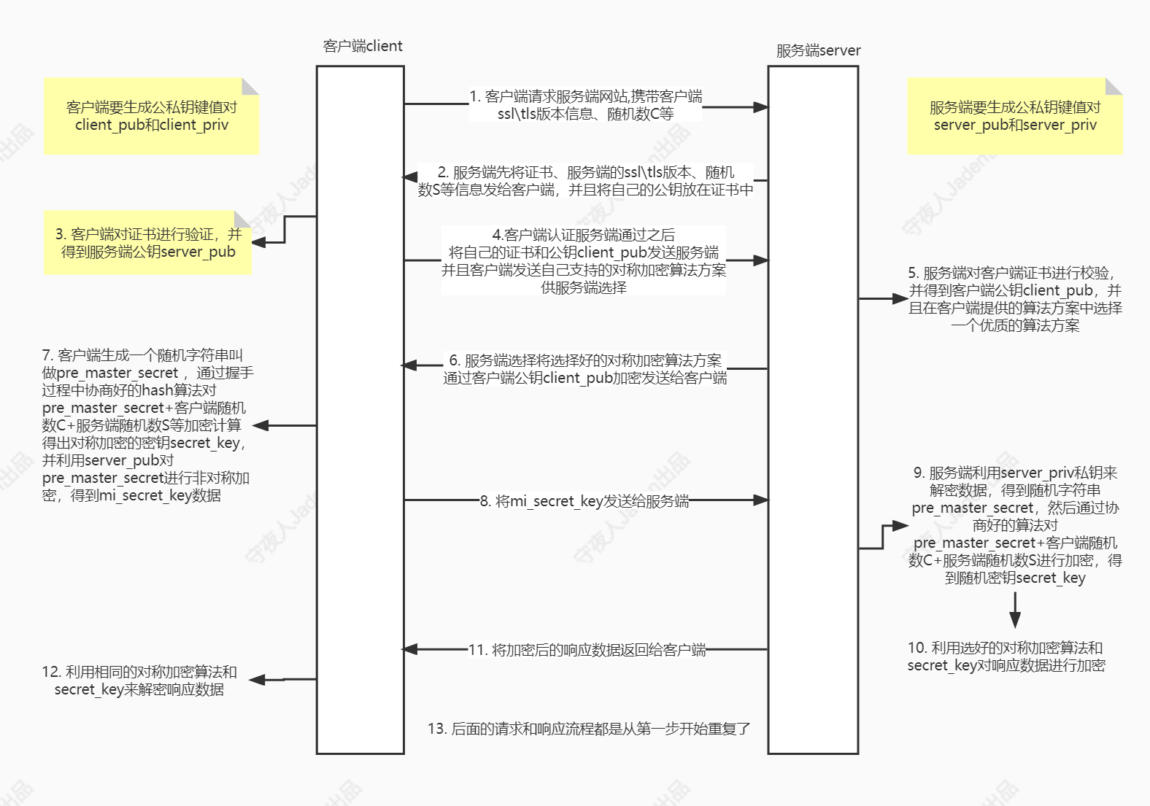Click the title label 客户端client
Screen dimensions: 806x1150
point(363,46)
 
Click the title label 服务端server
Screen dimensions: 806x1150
point(818,50)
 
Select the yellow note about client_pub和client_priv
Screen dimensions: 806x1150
point(151,116)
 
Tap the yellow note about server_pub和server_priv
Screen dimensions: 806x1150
point(1014,116)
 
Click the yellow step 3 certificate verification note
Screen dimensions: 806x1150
point(147,243)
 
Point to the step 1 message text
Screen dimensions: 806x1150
point(585,105)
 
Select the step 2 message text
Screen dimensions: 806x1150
point(585,181)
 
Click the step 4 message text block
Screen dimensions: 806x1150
point(584,260)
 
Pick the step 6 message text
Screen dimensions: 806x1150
point(584,369)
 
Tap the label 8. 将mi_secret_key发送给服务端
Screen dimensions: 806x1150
point(584,501)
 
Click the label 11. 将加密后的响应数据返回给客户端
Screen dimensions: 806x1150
point(587,650)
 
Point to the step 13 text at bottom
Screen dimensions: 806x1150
point(589,729)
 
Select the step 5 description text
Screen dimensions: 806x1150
point(1014,299)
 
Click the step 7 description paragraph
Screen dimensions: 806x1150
point(146,425)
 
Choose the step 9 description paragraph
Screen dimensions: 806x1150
point(1014,525)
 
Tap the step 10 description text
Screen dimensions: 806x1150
point(1006,656)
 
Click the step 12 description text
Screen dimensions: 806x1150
point(139,681)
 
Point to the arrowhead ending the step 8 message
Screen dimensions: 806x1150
point(760,500)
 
